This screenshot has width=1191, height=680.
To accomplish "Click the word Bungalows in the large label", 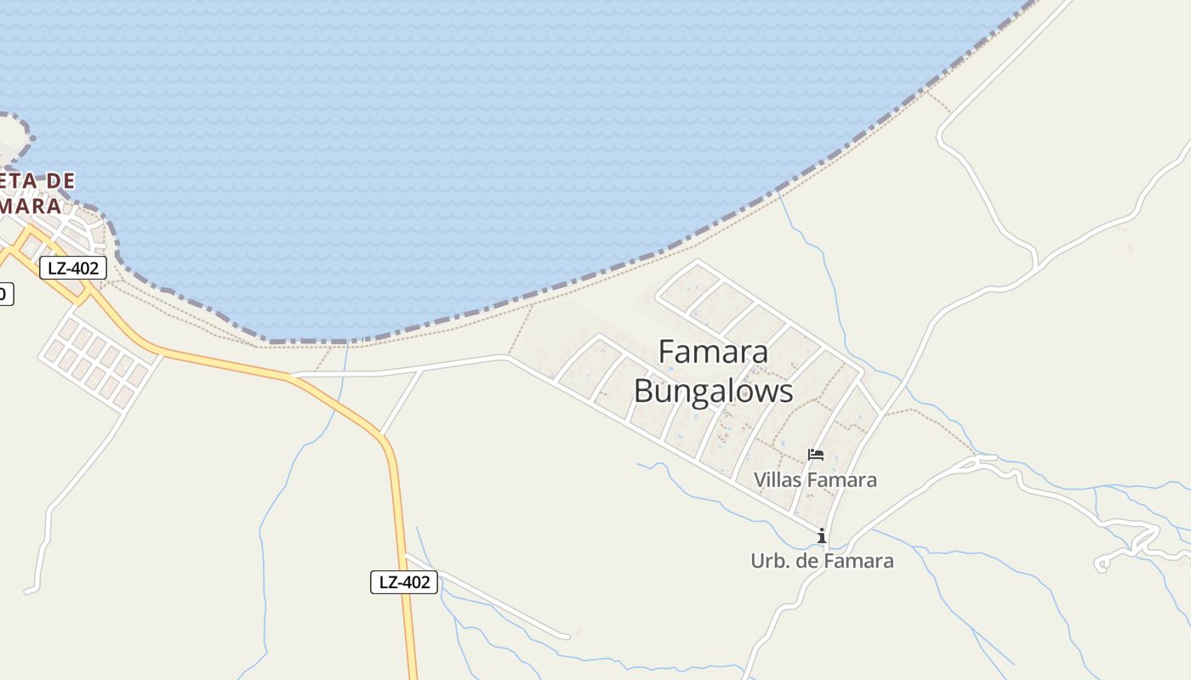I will point(713,391).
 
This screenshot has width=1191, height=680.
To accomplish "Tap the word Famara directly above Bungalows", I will point(713,352).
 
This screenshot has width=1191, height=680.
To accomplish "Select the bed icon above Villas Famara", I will point(816,455).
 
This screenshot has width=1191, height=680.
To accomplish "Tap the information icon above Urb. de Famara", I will point(822,535).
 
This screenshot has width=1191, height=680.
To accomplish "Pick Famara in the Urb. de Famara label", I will point(860,561).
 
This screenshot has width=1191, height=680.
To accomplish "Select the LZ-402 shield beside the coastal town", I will point(73,269).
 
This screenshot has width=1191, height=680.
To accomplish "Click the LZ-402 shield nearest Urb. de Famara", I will point(404,582).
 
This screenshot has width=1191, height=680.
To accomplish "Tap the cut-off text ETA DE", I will point(38,181).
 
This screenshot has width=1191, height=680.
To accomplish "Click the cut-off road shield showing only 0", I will point(4,294).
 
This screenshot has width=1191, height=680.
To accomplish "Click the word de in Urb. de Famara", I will point(808,561).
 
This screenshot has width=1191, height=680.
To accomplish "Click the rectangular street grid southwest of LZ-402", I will point(98,362).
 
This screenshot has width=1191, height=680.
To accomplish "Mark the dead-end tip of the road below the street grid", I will point(28,591).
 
